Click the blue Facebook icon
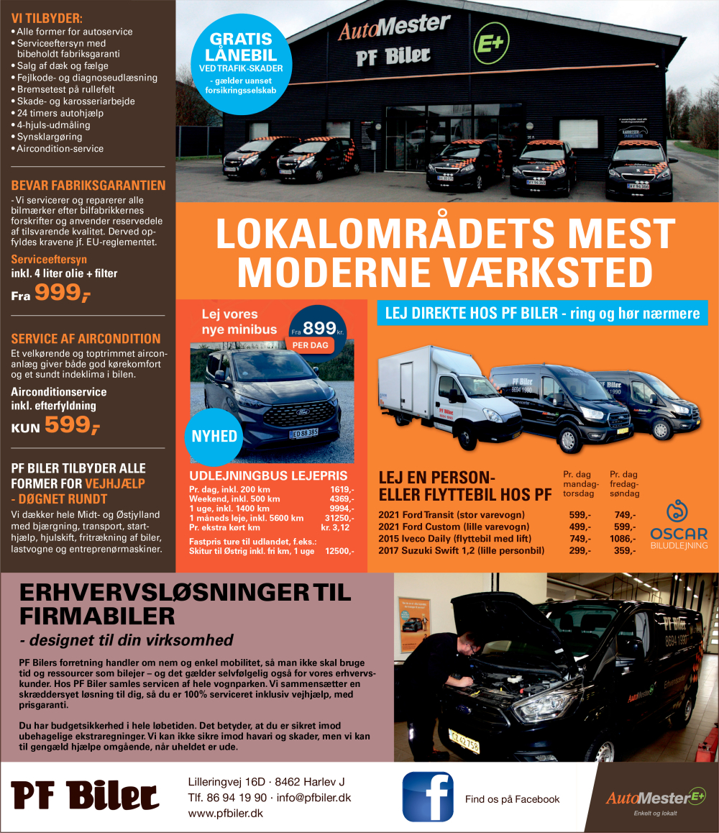[427, 796]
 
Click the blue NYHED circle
[214, 436]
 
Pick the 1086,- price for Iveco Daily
[623, 539]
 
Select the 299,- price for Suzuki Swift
[580, 550]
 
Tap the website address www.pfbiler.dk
[225, 813]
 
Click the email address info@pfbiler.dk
[313, 797]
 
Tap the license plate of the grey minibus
[304, 434]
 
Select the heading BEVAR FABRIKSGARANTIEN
[88, 185]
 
